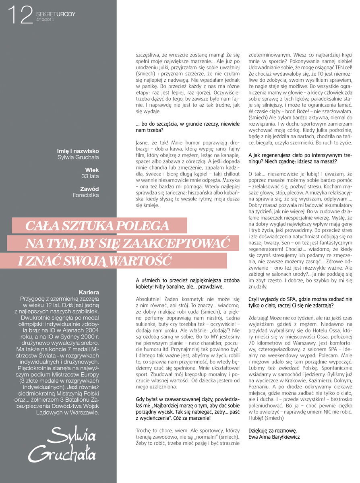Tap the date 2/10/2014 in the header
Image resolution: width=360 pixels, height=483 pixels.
[45, 20]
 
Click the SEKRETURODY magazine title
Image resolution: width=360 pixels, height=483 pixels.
[56, 14]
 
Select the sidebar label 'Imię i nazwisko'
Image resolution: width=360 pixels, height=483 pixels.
[78, 151]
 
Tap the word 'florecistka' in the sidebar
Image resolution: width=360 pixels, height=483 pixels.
[85, 195]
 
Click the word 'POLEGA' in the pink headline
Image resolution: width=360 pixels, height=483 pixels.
[141, 225]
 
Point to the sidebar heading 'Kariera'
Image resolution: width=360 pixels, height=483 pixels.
[89, 292]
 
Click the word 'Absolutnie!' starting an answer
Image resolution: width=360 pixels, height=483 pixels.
[148, 299]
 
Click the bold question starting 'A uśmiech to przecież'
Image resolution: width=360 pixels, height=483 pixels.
[188, 284]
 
